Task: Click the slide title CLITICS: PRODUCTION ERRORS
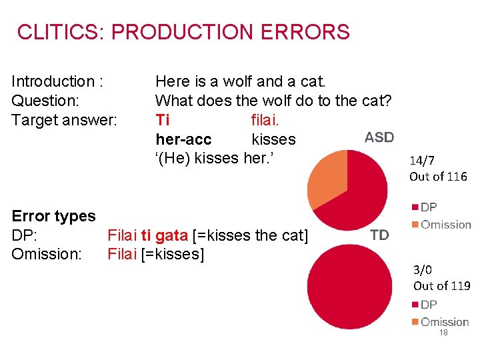pos(183,32)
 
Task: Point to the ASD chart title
pos(379,137)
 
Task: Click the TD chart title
pos(379,234)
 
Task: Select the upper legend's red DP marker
pos(415,207)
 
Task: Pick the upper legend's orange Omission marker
pos(415,225)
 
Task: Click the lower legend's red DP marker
pos(415,305)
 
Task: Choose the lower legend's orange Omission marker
pos(415,322)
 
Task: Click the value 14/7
pos(423,160)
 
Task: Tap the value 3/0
pos(423,270)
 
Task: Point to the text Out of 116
pos(438,177)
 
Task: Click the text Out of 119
pos(441,286)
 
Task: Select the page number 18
pos(443,333)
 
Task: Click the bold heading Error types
pos(54,216)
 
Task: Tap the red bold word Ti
pos(162,120)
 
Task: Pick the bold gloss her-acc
pos(183,139)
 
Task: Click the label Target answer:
pos(65,120)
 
